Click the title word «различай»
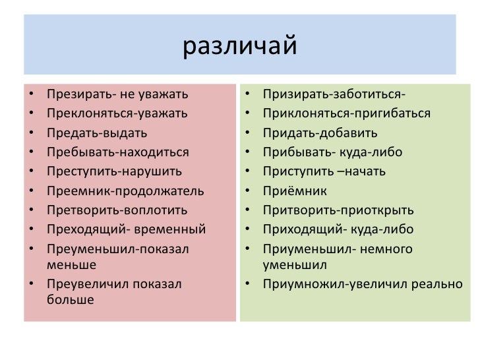click(240, 47)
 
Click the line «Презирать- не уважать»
click(117, 94)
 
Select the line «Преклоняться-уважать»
click(117, 113)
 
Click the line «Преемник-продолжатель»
click(125, 191)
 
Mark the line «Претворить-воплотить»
click(117, 210)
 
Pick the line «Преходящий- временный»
click(126, 229)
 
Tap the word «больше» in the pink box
click(71, 299)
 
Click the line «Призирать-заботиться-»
click(334, 94)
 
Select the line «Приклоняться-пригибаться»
click(347, 113)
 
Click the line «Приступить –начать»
click(324, 171)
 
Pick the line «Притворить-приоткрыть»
click(338, 210)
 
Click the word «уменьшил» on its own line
click(295, 264)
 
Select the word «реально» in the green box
click(440, 284)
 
